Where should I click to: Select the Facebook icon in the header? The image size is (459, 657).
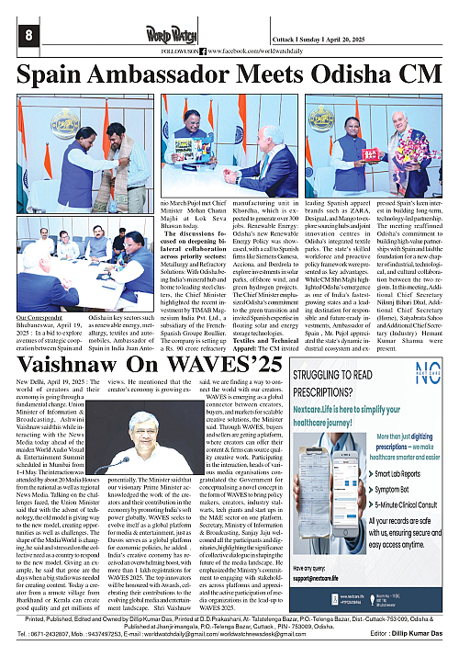pos(204,51)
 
